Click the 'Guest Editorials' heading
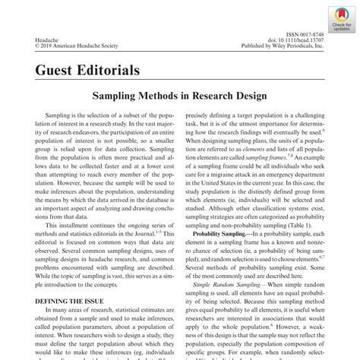(87, 71)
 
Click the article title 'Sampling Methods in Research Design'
(179, 98)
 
